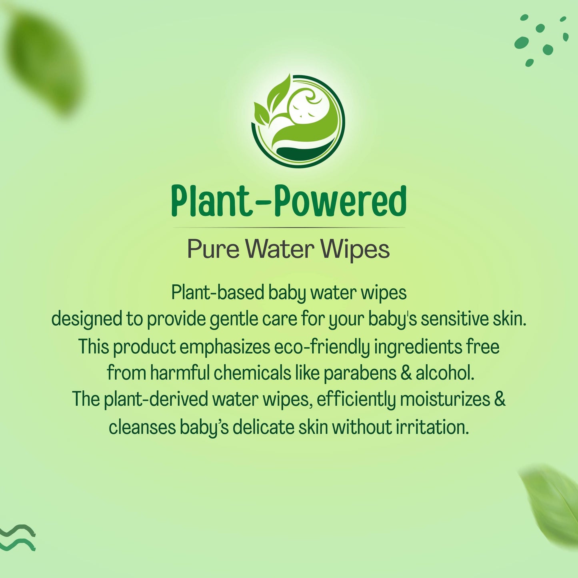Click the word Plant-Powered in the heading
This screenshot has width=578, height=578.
(x=288, y=201)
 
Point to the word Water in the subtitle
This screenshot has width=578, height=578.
(x=280, y=250)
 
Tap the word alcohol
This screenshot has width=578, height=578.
(x=444, y=373)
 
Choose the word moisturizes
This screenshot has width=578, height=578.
(x=445, y=400)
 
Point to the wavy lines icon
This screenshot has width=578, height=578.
(x=18, y=538)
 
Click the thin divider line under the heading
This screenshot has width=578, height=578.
(x=288, y=228)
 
